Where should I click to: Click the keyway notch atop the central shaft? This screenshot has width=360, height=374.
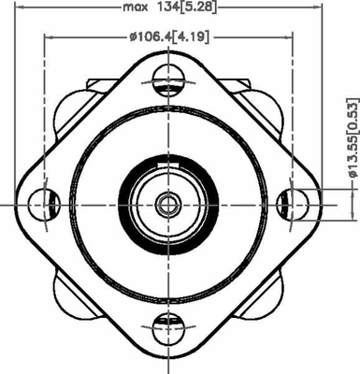click(x=168, y=166)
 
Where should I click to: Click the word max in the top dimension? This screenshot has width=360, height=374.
click(x=137, y=8)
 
